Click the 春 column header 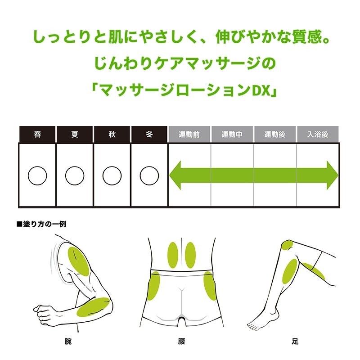point(37,135)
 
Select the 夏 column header point(75,135)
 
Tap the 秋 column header point(112,135)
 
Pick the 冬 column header point(149,135)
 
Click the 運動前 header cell point(189,135)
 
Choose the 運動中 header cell point(232,135)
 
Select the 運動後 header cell point(275,135)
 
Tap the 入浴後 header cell point(318,135)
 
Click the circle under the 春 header point(37,175)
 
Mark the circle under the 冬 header point(149,175)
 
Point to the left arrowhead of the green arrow point(175,175)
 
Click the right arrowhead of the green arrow point(332,175)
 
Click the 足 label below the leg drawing point(295,342)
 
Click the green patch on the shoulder point(78,261)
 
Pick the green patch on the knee point(287,245)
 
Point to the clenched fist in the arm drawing point(45,311)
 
